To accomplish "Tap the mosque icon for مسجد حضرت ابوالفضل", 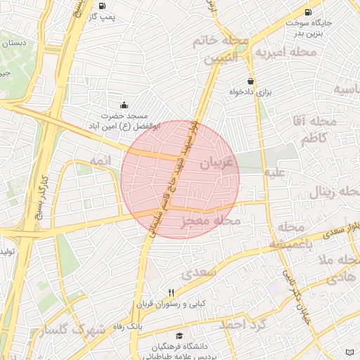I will click(124, 105).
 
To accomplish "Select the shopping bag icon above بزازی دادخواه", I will click(250, 82).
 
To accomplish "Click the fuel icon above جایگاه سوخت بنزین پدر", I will click(308, 12).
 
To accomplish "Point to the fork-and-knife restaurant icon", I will click(171, 293).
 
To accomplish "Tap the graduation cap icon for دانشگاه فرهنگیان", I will click(179, 337).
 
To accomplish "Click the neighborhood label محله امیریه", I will click(282, 51).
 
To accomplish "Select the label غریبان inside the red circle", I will click(215, 164).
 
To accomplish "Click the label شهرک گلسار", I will click(73, 330).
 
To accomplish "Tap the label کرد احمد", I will click(243, 324).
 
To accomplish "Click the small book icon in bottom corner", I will click(351, 352).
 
